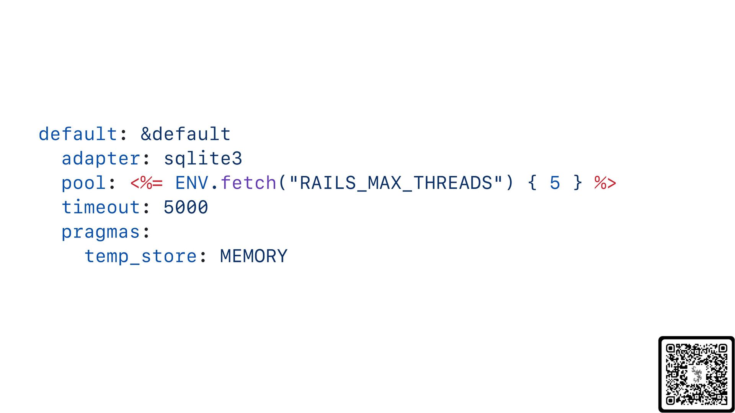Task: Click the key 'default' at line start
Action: point(78,134)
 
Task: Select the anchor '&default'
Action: point(186,134)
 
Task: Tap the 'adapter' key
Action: point(101,159)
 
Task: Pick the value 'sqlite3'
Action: point(203,159)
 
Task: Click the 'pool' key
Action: point(84,183)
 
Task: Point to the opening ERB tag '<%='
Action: point(147,183)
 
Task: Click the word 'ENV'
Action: point(192,183)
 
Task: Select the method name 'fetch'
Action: point(248,182)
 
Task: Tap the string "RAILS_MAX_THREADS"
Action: point(396,182)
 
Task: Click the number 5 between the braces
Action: point(555,183)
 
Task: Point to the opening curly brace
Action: point(532,183)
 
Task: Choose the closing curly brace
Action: point(578,183)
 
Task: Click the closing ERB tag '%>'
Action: point(605,183)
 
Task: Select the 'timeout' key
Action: point(101,207)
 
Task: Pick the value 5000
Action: point(186,207)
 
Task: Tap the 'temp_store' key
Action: point(141,256)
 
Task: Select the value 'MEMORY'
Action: point(254,256)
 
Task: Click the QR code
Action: point(696,374)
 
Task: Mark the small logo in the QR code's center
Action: point(697,374)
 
